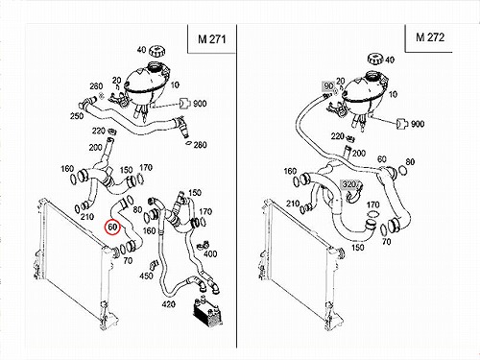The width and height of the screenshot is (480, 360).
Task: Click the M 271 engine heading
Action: point(212,39)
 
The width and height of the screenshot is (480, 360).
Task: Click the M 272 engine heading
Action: point(430,37)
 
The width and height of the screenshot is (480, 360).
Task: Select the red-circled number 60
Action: point(112,227)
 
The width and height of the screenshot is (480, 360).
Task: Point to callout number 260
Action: point(96,86)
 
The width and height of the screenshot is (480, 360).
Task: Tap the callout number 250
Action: point(77,115)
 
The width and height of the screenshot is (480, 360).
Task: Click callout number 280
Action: point(200,145)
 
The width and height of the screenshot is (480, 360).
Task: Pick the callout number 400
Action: point(210,254)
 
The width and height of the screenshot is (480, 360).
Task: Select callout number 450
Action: point(146,276)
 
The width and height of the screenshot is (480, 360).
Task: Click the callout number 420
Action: point(168,304)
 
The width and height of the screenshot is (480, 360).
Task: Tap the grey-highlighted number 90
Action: point(328,85)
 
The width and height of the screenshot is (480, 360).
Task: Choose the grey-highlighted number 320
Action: point(348,184)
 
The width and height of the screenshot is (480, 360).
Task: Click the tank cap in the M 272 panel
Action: point(375,60)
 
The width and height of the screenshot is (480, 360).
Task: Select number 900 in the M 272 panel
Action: point(418,124)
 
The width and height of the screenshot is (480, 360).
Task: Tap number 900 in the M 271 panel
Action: point(200,104)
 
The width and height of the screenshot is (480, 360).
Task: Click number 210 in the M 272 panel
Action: point(293,204)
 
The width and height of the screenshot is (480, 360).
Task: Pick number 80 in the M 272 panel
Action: point(410,162)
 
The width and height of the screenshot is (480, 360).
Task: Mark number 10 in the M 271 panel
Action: point(175,85)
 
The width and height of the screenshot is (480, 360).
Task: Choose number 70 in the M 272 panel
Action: point(387,242)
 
